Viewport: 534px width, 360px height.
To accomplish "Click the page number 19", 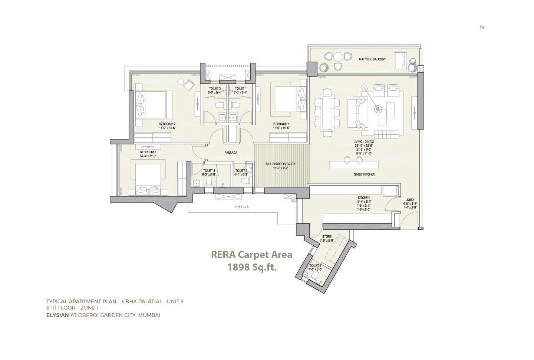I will click(482, 27).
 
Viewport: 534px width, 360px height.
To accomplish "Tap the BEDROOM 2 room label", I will click(167, 124).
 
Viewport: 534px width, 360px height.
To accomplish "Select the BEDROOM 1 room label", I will click(281, 124).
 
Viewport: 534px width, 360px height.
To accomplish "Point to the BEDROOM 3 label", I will click(148, 152).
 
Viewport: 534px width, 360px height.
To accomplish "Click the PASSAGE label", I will click(231, 153).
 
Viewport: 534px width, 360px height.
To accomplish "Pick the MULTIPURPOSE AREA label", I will click(281, 164).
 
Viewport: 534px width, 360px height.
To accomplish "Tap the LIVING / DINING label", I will click(363, 142).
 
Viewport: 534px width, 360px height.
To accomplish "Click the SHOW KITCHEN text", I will click(364, 174).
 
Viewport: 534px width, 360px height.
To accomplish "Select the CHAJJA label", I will click(242, 207).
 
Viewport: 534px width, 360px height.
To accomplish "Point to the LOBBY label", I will click(410, 199).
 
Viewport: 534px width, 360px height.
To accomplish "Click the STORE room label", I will click(327, 236).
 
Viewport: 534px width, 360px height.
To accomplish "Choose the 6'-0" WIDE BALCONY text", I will click(372, 59).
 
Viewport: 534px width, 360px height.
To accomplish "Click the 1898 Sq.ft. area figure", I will click(252, 267).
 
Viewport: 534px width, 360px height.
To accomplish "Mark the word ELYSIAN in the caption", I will click(57, 315).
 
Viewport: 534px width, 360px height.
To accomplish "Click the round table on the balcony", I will click(338, 57).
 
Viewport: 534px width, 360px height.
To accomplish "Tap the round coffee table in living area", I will click(378, 109).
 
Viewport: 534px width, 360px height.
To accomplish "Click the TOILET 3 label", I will click(209, 171).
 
